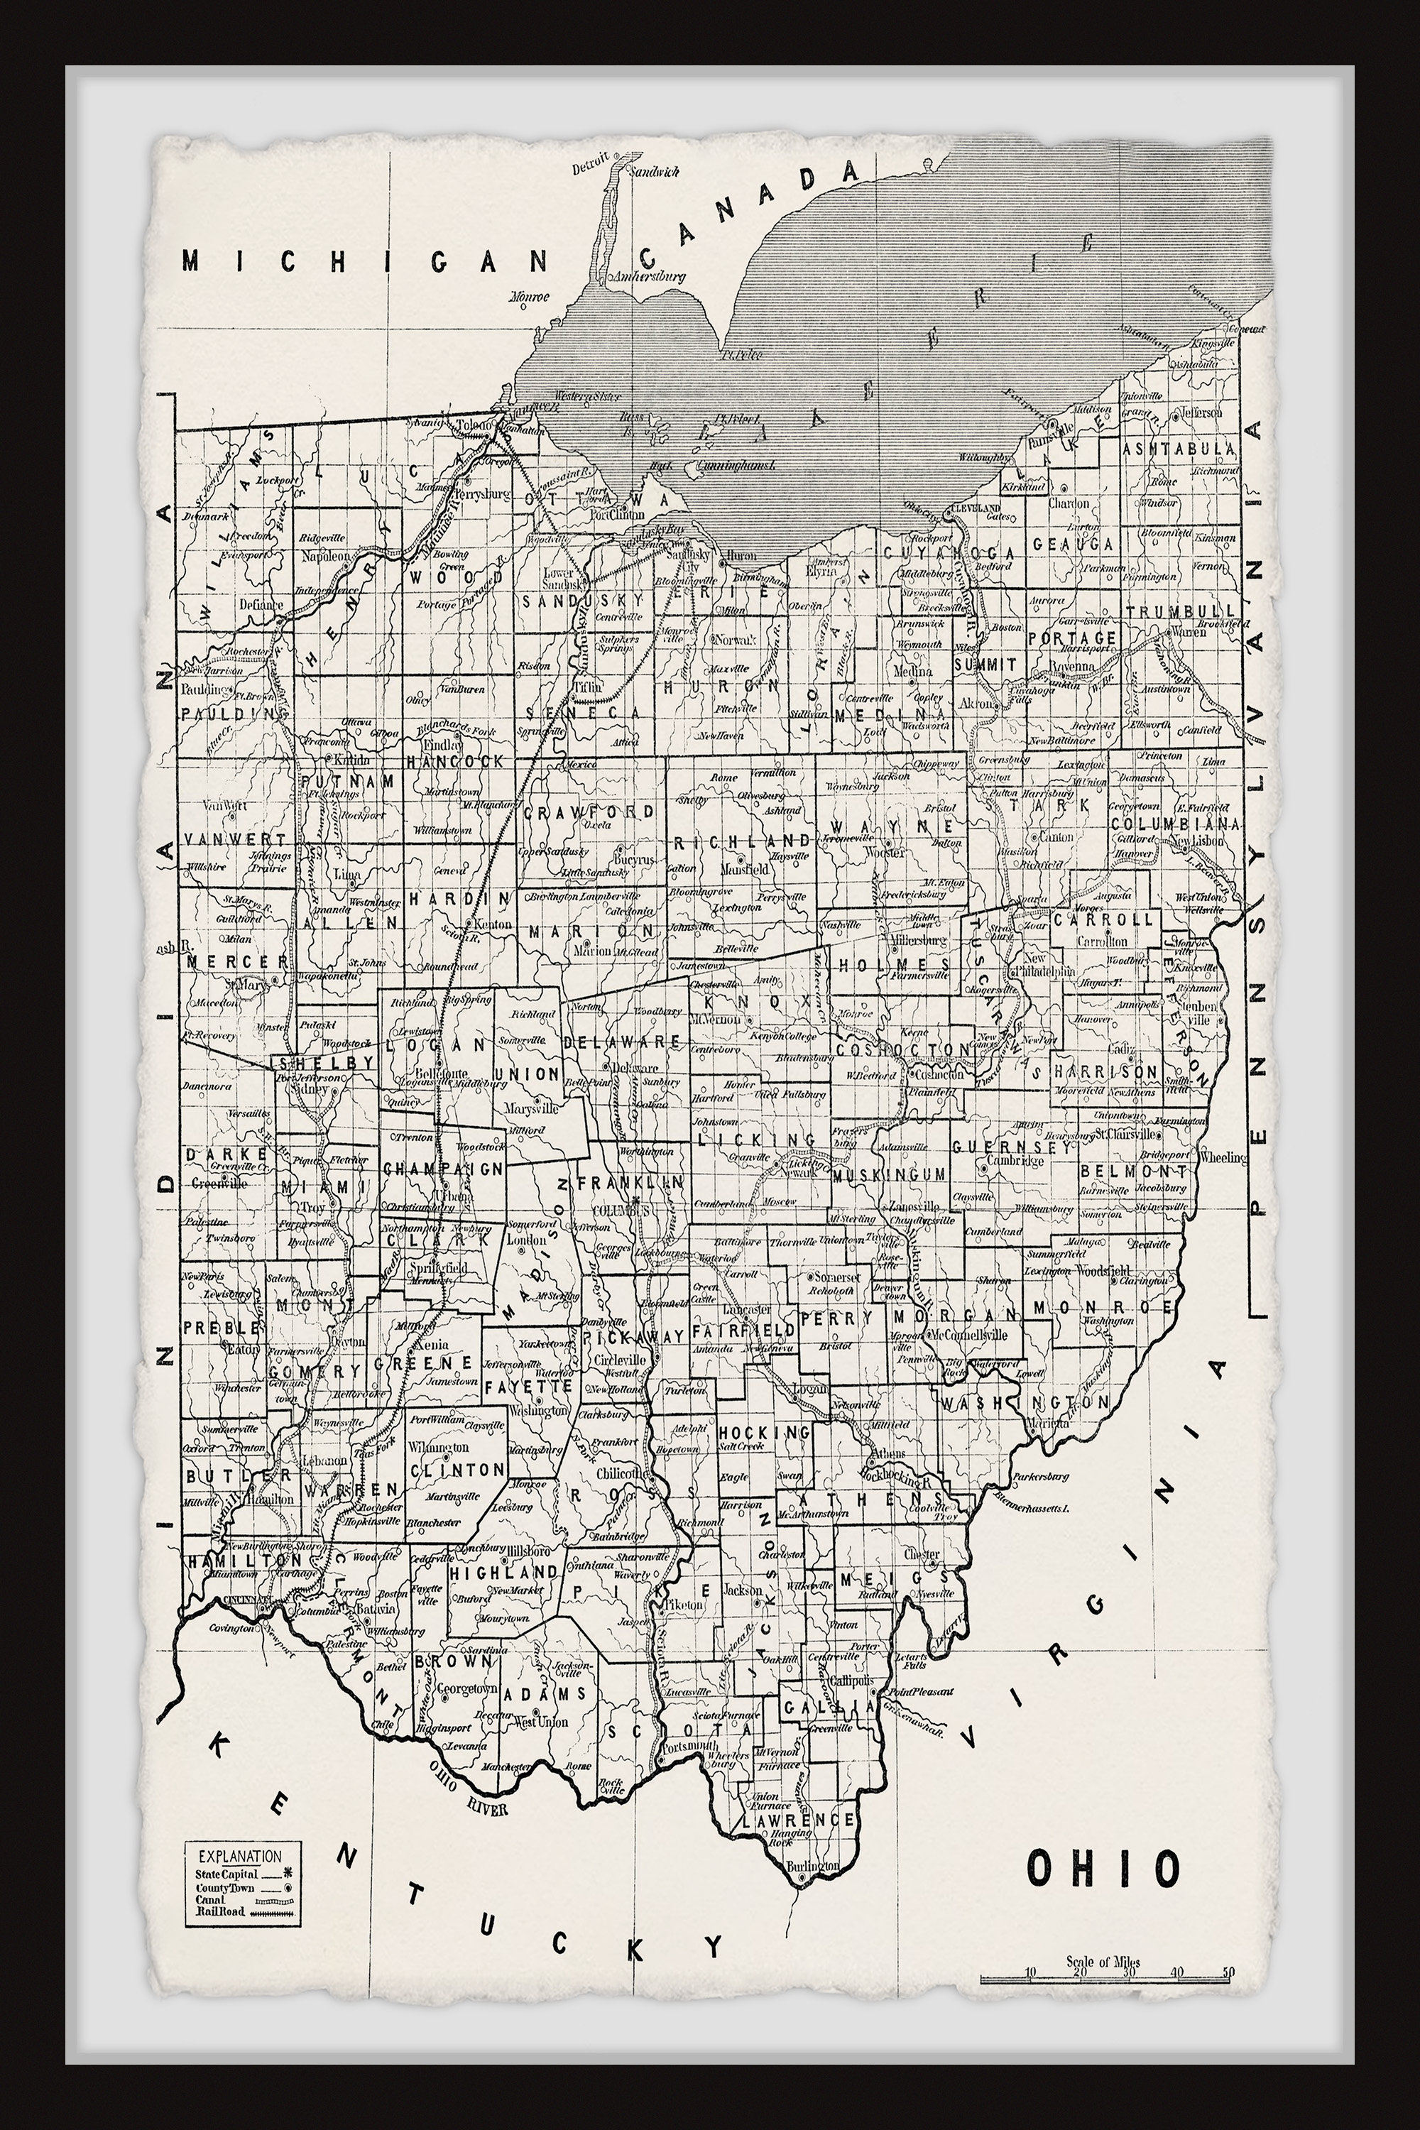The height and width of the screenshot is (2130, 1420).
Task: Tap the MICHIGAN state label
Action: click(x=365, y=261)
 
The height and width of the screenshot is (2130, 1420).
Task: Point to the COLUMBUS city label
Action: click(x=616, y=1209)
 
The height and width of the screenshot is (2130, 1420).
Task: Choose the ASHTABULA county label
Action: click(x=1177, y=449)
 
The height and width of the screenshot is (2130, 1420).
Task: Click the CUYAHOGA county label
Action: click(x=938, y=552)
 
